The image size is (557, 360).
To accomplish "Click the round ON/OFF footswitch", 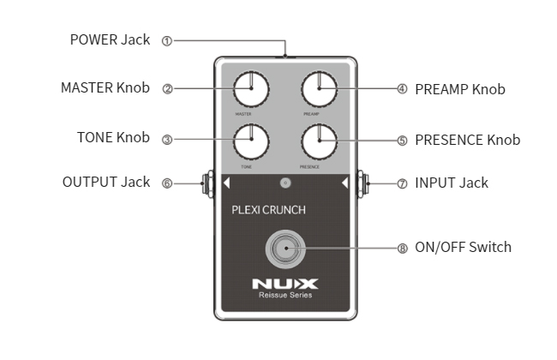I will coord(284,249).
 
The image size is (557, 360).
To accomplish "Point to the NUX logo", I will coord(285,283).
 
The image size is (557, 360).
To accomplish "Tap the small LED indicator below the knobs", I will coord(285,183).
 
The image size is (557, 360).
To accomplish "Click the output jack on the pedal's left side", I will coord(206,183).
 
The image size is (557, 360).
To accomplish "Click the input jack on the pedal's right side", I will coord(363,183).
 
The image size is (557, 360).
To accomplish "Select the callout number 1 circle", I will coord(167,40).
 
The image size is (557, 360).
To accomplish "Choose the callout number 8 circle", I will coord(402,248).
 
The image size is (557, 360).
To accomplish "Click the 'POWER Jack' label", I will coord(110,39).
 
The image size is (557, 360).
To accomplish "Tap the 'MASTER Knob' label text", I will coord(105,87).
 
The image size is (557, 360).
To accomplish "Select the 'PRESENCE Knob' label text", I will coord(467,140).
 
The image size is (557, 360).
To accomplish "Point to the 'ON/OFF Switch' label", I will coord(463,248).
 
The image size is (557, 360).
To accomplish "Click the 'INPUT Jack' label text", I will coord(452,183).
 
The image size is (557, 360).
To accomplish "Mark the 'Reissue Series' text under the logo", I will coord(285,296).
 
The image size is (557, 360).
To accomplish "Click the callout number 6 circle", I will coord(167,183).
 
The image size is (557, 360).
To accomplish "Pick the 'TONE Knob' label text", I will coord(113,137).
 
